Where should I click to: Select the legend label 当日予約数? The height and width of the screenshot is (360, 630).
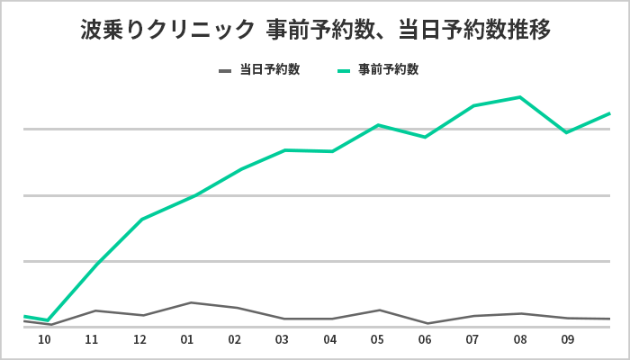click(269, 69)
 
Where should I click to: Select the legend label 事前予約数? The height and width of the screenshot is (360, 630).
click(388, 69)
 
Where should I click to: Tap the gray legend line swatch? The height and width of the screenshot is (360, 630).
click(225, 69)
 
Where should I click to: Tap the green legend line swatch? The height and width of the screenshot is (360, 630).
click(344, 69)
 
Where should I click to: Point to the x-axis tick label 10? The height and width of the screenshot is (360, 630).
click(44, 341)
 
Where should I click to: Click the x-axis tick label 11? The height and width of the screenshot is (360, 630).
click(92, 341)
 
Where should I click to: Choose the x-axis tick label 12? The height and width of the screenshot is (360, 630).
click(139, 341)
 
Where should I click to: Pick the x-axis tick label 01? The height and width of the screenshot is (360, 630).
click(187, 341)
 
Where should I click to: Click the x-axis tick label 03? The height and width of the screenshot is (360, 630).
click(282, 341)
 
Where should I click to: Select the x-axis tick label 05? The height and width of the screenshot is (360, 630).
click(377, 341)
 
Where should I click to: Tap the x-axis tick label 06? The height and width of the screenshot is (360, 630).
click(425, 341)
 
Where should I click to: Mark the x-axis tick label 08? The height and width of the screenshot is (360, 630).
click(519, 341)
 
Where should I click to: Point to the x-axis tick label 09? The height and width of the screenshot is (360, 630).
click(567, 341)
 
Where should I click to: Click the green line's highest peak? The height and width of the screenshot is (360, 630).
click(519, 97)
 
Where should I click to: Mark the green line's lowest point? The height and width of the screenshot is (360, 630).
click(48, 320)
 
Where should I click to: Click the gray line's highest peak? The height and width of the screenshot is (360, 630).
click(189, 302)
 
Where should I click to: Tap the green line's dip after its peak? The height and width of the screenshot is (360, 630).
click(566, 132)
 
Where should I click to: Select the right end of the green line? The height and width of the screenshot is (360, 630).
click(610, 113)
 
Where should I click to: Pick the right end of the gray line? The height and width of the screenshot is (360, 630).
click(610, 319)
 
